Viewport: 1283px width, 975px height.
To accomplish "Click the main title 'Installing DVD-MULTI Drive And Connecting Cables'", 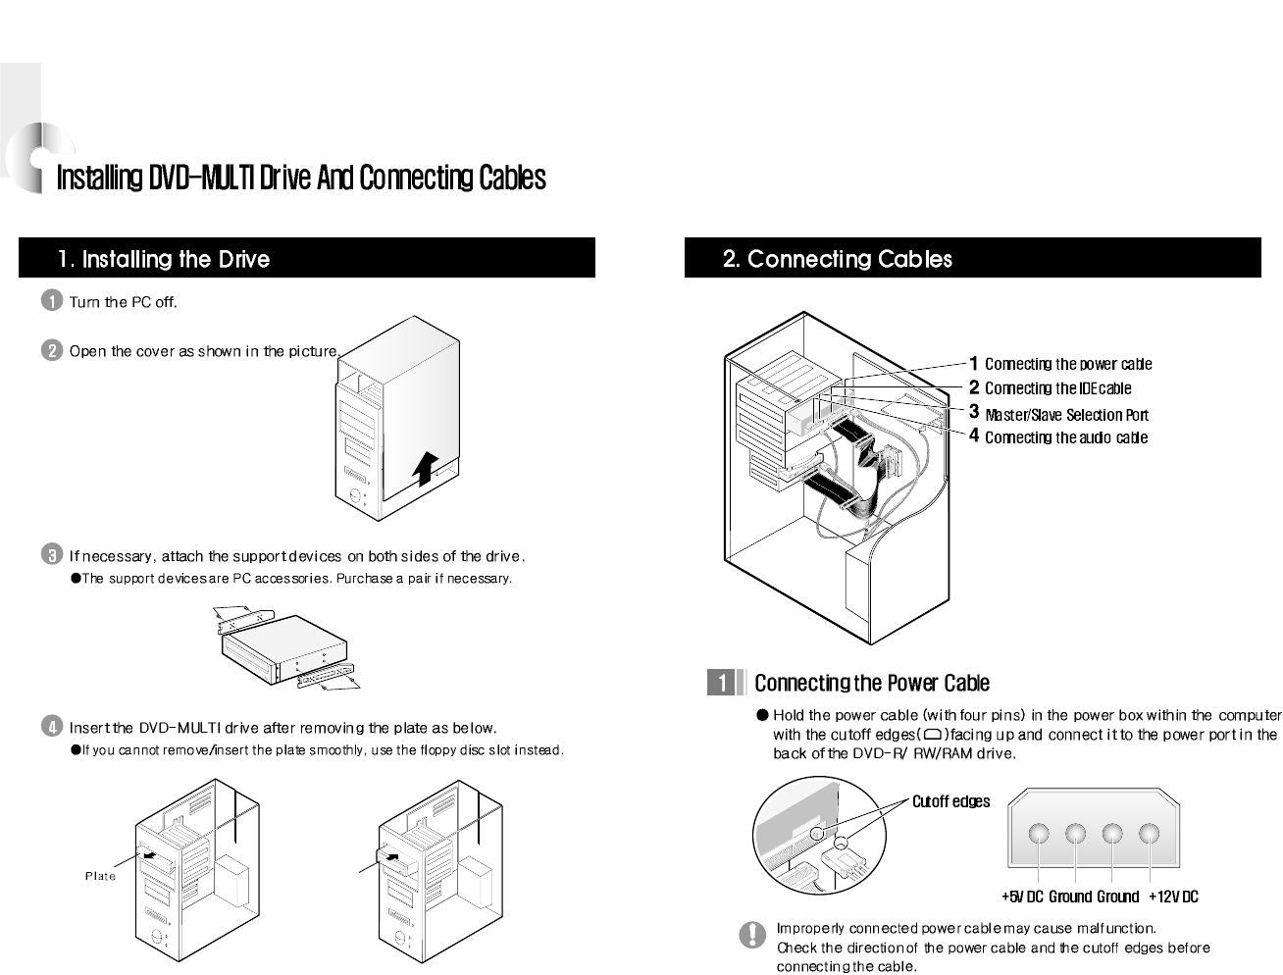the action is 301,179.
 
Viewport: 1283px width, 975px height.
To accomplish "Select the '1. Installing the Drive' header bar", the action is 307,259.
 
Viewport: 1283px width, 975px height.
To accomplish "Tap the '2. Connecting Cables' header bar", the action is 972,259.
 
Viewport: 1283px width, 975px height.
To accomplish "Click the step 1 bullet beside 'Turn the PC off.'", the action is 52,302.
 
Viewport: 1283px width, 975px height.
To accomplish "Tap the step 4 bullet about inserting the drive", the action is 52,727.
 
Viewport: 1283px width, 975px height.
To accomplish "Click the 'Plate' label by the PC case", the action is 100,876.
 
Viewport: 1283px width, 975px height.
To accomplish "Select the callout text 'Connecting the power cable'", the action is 1067,365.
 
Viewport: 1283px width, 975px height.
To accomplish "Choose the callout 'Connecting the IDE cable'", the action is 1057,388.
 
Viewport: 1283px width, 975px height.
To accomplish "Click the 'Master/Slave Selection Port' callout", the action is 1065,415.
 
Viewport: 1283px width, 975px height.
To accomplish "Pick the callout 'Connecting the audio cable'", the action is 1065,437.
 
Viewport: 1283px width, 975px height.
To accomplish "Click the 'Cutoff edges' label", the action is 950,801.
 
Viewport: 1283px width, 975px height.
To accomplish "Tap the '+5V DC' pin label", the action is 1022,897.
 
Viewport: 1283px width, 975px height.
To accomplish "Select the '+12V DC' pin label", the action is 1173,897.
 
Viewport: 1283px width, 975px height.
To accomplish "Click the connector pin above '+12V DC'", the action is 1149,835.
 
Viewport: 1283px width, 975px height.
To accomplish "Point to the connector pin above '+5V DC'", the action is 1040,835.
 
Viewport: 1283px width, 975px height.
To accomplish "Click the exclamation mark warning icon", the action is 752,936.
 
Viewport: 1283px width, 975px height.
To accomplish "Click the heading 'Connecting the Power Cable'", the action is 871,683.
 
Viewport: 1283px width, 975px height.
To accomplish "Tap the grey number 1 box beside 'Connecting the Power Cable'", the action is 722,683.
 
